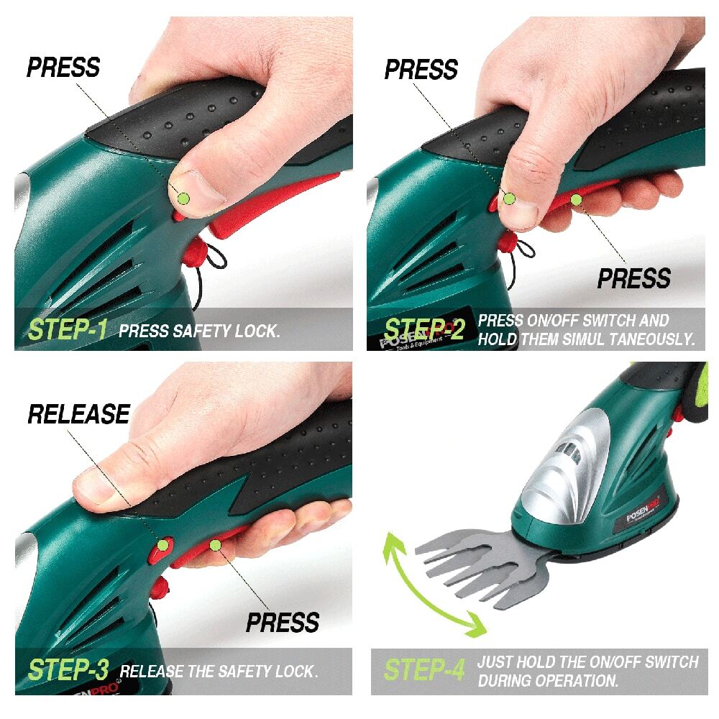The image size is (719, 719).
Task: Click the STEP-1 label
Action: (x=68, y=330)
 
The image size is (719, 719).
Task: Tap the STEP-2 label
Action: (x=424, y=329)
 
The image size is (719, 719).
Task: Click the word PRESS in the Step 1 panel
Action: (x=63, y=68)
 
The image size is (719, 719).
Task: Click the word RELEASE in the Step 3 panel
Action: (x=79, y=414)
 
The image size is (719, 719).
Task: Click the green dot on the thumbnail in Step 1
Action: (x=183, y=198)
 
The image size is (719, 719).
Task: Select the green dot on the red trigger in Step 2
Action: (x=576, y=200)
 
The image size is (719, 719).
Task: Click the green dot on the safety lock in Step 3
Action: (x=163, y=545)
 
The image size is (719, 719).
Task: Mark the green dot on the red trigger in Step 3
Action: (x=215, y=546)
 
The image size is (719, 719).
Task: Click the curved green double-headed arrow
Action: (x=429, y=584)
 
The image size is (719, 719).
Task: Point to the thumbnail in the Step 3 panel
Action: (x=93, y=485)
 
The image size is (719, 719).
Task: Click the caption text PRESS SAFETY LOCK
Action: (x=199, y=331)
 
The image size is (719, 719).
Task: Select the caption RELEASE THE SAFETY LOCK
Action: (x=219, y=672)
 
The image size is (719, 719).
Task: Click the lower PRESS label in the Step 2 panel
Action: (x=633, y=278)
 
